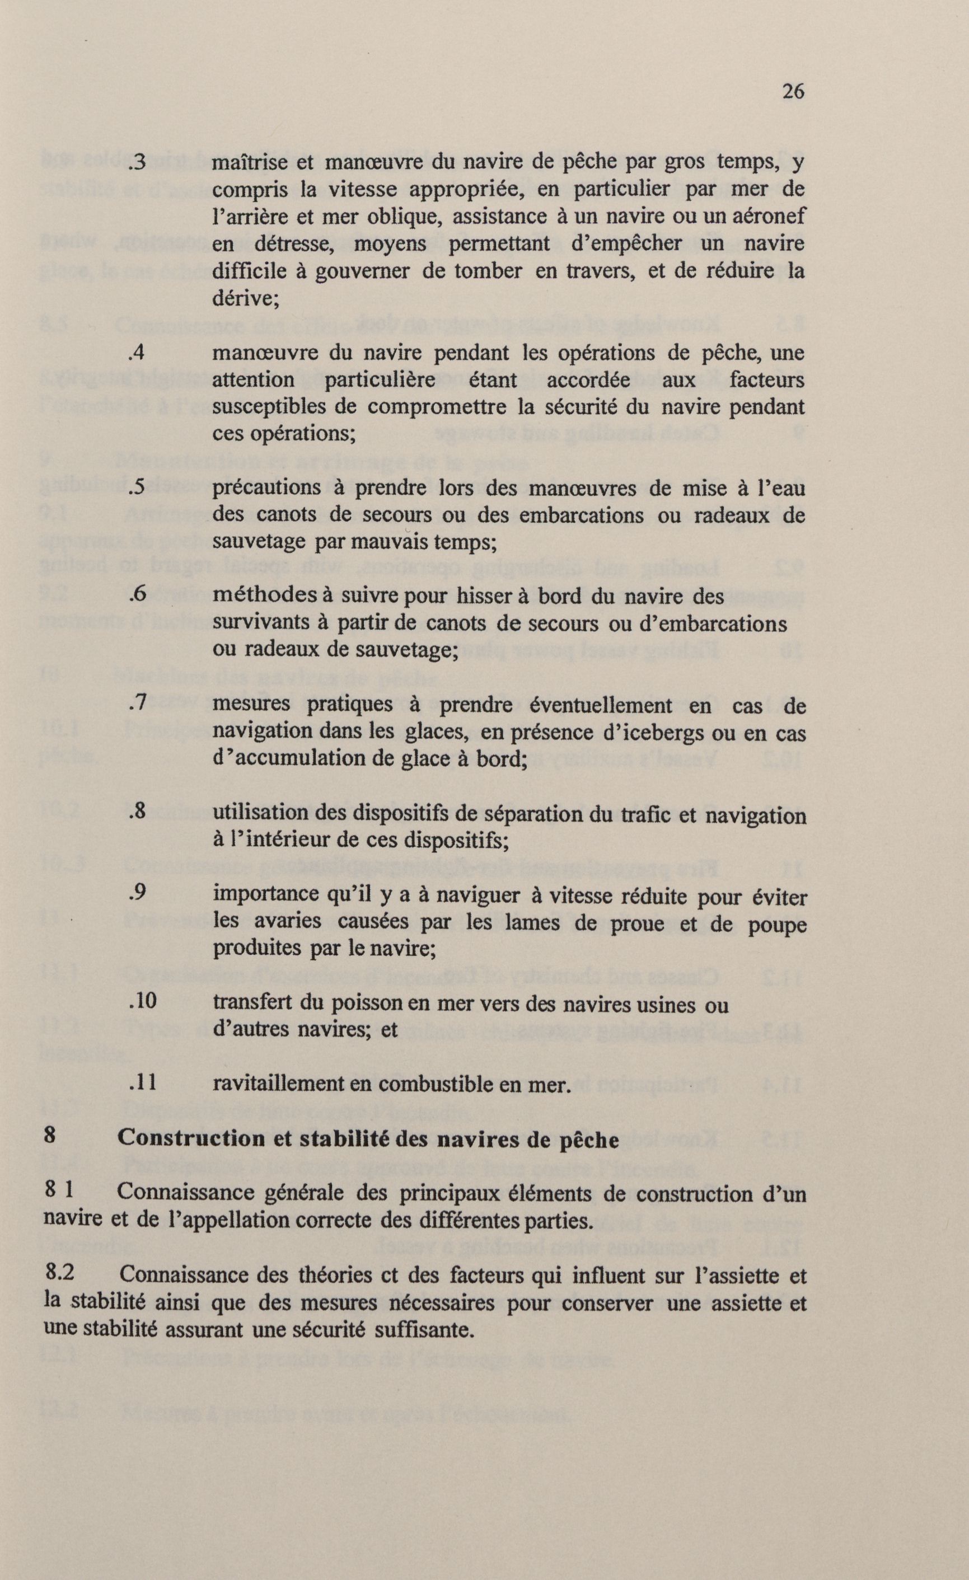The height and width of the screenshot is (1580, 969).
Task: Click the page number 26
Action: pyautogui.click(x=793, y=92)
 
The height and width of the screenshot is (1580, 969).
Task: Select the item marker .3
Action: pyautogui.click(x=138, y=163)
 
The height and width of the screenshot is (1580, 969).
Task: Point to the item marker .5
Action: pyautogui.click(x=138, y=487)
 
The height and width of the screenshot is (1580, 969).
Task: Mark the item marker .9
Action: pyautogui.click(x=138, y=893)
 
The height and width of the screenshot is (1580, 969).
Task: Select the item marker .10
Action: pyautogui.click(x=142, y=1001)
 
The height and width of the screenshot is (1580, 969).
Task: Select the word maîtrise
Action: pyautogui.click(x=250, y=163)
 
